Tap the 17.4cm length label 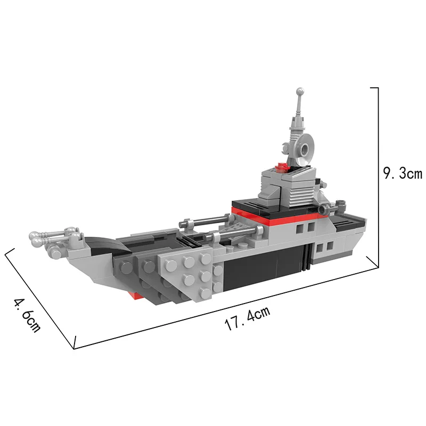tap(248, 318)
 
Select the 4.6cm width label tap(28, 315)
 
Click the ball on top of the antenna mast tap(300, 91)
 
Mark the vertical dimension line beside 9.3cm tap(378, 177)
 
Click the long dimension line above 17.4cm tap(226, 308)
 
